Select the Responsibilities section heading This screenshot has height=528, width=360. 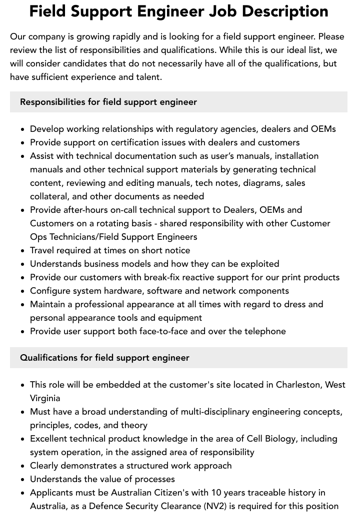108,102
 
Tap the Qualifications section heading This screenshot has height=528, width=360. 104,358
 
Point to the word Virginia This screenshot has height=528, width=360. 45,398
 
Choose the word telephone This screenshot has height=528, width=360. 261,331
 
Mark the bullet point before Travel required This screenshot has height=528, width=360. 23,251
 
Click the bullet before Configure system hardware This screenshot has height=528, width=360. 23,291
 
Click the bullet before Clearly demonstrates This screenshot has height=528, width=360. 23,466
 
